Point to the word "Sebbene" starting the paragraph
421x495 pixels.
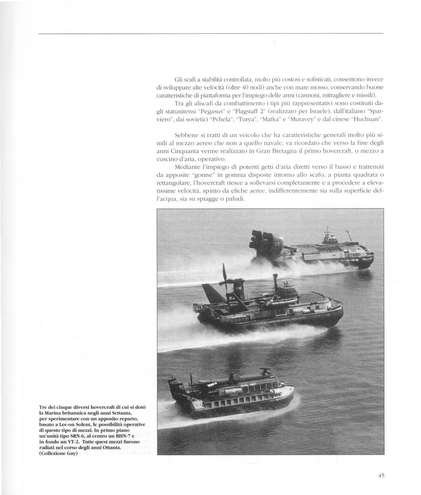(183, 135)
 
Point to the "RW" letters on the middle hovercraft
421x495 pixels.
(239, 288)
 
